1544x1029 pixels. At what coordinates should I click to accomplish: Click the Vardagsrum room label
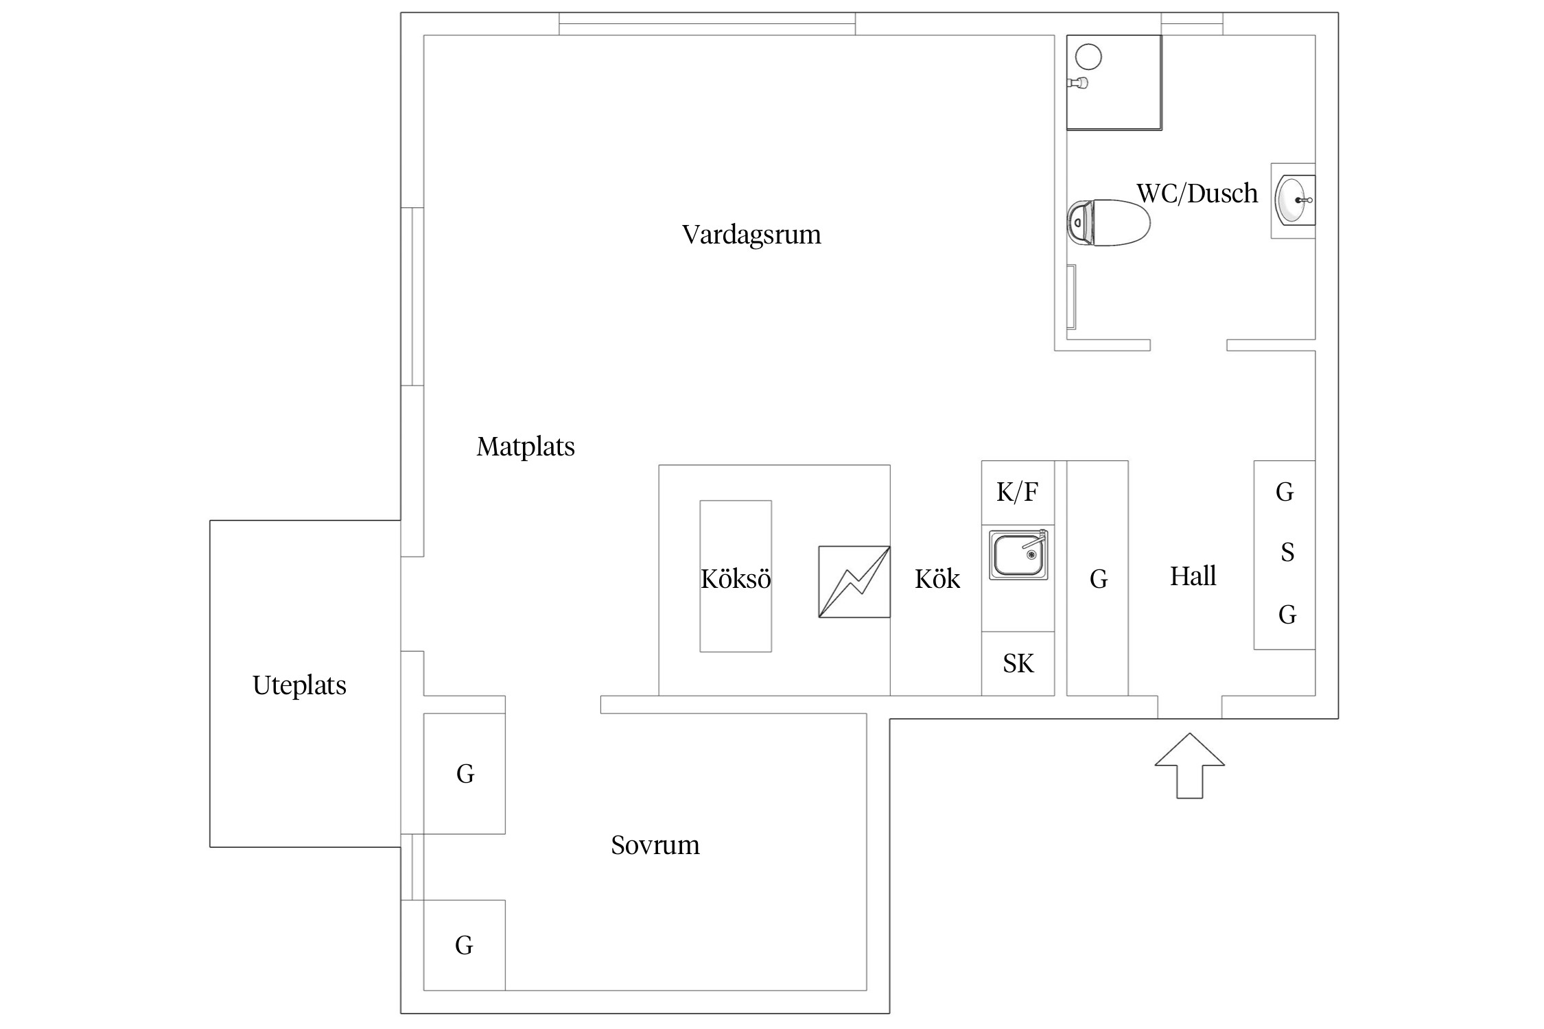[751, 235]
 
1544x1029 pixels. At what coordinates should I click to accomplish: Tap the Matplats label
[526, 447]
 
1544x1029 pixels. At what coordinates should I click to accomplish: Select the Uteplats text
[299, 685]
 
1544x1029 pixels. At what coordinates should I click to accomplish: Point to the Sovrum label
[655, 845]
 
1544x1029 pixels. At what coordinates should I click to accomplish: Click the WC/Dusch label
[1197, 193]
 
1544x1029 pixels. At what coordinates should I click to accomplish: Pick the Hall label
[1193, 576]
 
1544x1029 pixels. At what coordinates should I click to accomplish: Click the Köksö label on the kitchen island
[736, 579]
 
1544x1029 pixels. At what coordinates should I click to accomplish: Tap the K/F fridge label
[1017, 492]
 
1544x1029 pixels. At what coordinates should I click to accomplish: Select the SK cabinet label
[1018, 663]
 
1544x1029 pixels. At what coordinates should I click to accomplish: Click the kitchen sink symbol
[1018, 554]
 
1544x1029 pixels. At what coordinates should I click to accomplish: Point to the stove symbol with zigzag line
[854, 582]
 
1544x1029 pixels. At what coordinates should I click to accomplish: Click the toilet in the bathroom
[1108, 222]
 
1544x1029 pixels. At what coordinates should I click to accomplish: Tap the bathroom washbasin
[1293, 200]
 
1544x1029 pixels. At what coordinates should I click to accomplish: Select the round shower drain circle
[1088, 56]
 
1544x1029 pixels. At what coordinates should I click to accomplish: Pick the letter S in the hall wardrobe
[1287, 552]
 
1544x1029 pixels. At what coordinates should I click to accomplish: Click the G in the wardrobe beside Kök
[1098, 580]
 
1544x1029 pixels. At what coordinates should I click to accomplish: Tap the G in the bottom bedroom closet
[464, 945]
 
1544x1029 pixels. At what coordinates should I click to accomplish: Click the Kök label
[937, 580]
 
